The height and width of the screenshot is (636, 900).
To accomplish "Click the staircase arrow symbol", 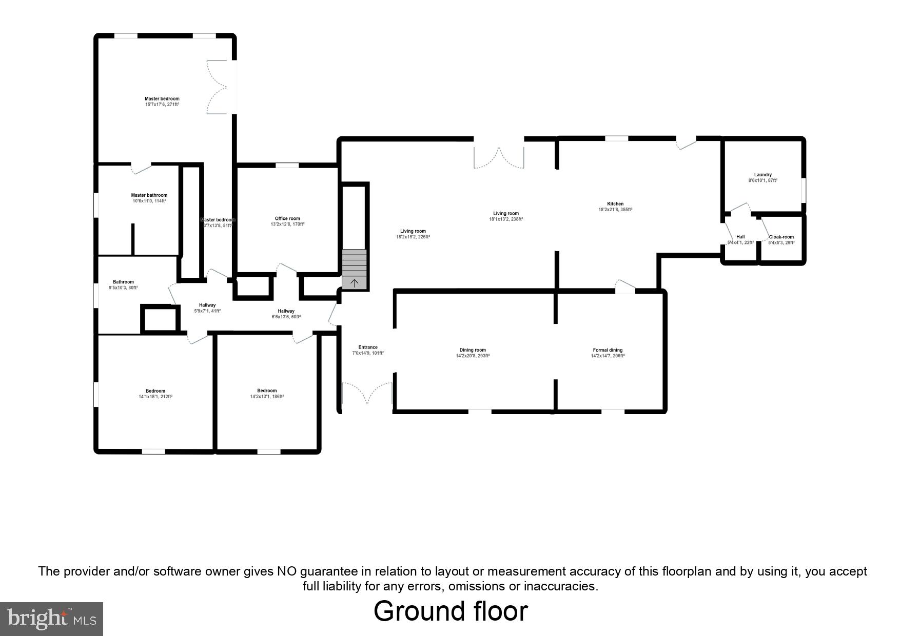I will tap(354, 282).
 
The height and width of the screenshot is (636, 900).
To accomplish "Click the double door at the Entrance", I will tap(367, 394).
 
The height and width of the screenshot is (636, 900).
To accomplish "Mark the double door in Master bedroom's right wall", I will tap(218, 87).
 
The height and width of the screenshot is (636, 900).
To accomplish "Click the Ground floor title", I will tap(450, 611).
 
